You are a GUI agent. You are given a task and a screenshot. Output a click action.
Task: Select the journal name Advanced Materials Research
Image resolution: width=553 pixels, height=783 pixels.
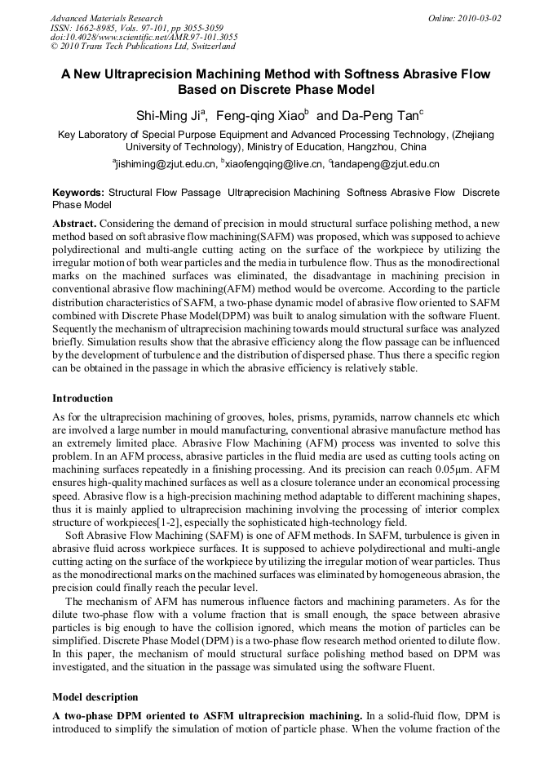tap(106, 18)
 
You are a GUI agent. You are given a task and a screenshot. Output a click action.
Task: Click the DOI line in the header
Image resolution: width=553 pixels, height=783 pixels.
tap(144, 38)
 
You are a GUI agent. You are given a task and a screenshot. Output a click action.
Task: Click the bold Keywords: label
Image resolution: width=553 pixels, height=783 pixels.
tap(78, 193)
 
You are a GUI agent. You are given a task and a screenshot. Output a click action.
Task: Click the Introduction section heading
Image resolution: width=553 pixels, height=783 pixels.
tap(82, 398)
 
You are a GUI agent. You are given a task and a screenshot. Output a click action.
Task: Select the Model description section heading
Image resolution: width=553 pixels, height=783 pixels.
tap(95, 697)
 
